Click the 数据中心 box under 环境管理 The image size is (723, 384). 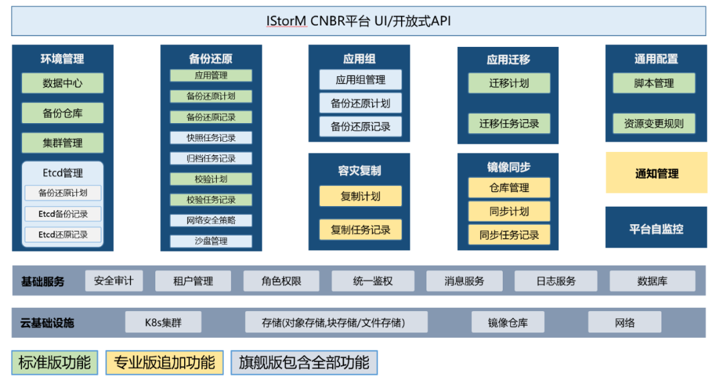click(x=63, y=84)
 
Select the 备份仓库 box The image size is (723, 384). click(x=63, y=113)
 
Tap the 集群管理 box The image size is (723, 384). click(x=63, y=142)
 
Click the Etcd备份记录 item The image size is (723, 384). click(x=63, y=214)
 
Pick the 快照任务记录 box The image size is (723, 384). click(x=211, y=138)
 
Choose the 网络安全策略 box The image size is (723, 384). click(x=211, y=220)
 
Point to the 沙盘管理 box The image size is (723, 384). click(x=211, y=241)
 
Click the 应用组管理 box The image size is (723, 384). click(x=360, y=80)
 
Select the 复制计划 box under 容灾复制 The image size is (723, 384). click(x=360, y=196)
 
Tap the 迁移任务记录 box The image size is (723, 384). click(x=509, y=124)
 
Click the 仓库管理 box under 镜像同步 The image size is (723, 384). click(x=509, y=188)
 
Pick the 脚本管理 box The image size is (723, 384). click(x=654, y=84)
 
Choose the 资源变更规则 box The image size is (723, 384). click(x=654, y=124)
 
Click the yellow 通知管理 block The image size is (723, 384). click(x=656, y=173)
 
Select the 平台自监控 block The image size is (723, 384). click(x=656, y=228)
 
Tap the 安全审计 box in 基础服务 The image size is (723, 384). click(x=114, y=281)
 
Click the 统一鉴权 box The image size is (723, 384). click(x=373, y=281)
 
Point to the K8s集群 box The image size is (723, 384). click(x=163, y=322)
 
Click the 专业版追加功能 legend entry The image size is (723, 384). click(x=164, y=363)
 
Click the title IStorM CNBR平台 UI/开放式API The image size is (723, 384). click(x=358, y=21)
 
